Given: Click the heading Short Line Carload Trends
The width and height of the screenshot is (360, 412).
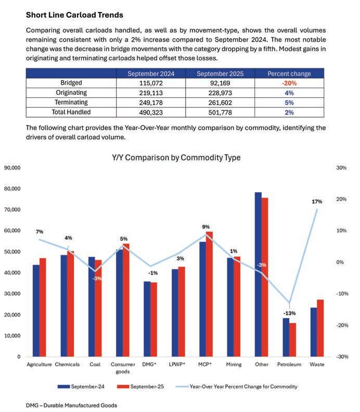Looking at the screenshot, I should tap(74, 15).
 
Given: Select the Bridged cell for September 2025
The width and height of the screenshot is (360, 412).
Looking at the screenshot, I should tap(218, 83).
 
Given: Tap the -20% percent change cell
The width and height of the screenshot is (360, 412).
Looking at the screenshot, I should tap(289, 83).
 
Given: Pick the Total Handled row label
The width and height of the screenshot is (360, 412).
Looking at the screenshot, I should tap(71, 112).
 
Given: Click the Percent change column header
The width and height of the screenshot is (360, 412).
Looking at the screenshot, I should tap(289, 73).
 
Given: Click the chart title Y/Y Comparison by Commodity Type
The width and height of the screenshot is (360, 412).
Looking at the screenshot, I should tap(176, 157).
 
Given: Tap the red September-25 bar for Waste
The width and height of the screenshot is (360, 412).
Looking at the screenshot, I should tap(320, 328).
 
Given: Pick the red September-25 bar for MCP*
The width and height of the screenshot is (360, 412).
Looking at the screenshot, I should tap(209, 294).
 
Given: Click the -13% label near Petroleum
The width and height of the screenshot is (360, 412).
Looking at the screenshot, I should tap(289, 313).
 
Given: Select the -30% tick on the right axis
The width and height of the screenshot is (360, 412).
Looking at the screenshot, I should tap(341, 357).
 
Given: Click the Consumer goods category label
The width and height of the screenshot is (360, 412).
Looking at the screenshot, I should tap(123, 368).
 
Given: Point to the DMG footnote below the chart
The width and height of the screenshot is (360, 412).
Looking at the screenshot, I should tap(72, 405).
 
